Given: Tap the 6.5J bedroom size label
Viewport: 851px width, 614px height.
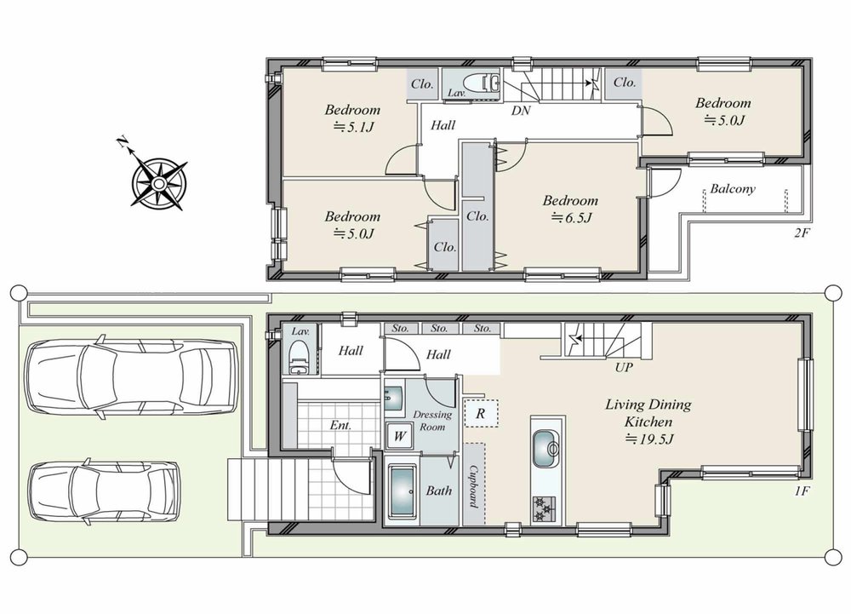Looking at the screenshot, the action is (x=571, y=218).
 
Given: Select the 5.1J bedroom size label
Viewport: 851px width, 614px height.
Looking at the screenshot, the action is (x=353, y=127).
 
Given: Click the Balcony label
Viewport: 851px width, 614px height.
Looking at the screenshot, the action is (x=733, y=189).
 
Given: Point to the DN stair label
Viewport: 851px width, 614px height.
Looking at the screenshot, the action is (x=521, y=111).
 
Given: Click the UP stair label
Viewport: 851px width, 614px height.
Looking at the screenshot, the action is (x=624, y=368).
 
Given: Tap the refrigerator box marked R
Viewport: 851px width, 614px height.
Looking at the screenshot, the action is (x=481, y=412).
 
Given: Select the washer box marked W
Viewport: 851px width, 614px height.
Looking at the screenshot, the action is (x=399, y=437).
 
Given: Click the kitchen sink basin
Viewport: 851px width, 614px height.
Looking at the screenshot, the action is (x=546, y=448).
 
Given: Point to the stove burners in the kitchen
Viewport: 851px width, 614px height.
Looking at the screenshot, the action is (x=544, y=508).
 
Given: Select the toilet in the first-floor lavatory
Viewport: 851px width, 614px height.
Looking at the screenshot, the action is (x=299, y=358).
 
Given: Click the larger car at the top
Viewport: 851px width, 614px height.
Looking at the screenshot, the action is (x=132, y=378).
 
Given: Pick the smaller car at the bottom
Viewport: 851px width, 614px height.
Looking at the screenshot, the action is (x=104, y=492).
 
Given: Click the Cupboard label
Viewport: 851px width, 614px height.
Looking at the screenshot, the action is (x=473, y=485).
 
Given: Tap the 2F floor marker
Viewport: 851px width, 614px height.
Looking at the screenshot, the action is (x=802, y=234).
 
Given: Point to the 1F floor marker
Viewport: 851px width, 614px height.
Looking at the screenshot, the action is (x=802, y=491).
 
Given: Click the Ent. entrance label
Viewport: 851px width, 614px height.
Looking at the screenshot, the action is (x=341, y=426).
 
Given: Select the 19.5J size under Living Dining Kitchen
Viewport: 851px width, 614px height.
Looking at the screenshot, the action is (x=649, y=439).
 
